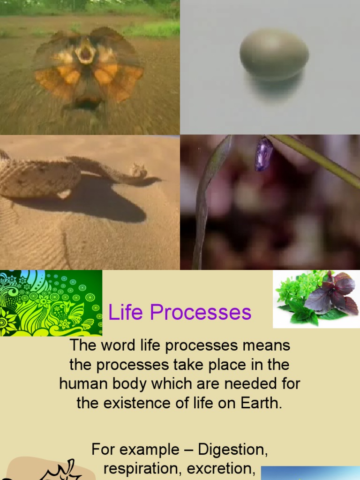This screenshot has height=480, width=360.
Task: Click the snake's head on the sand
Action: click(139, 170)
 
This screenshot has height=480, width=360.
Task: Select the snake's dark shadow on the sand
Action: click(108, 206)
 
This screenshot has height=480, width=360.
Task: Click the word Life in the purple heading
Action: click(123, 313)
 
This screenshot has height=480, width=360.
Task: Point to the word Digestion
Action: click(232, 450)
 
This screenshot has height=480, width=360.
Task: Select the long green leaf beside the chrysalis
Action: click(206, 197)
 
